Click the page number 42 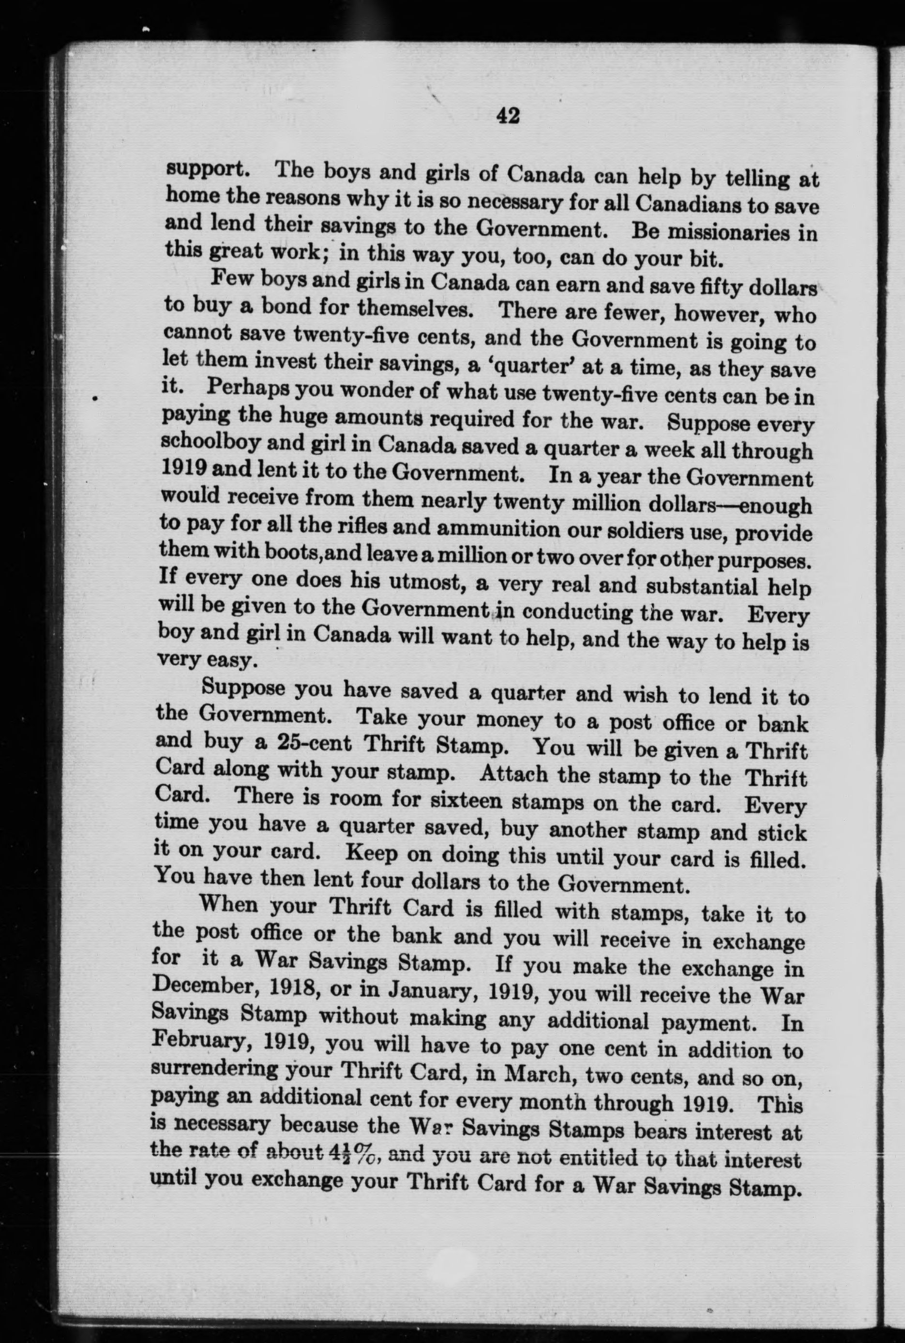[508, 116]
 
